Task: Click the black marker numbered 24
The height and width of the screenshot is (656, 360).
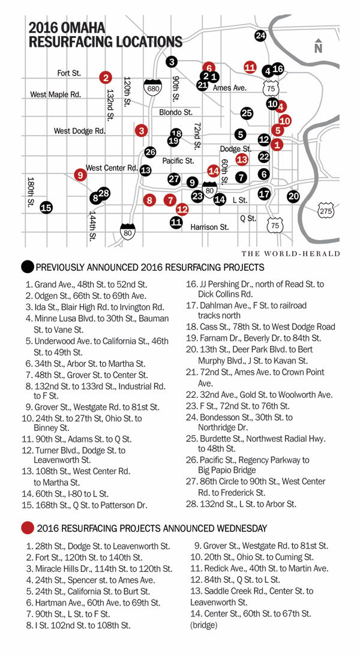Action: (x=260, y=36)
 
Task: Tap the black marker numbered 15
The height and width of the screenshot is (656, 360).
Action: (x=46, y=208)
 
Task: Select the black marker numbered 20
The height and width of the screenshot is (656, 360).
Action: (x=293, y=196)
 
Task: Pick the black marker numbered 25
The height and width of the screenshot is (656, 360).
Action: (x=247, y=113)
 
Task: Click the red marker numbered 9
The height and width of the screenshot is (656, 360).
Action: (x=80, y=175)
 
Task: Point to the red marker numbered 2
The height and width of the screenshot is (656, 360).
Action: (x=106, y=77)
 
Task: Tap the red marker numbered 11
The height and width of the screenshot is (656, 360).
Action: (x=251, y=67)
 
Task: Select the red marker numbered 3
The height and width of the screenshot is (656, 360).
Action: (x=142, y=130)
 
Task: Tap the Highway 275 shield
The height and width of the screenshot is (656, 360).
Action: (x=326, y=211)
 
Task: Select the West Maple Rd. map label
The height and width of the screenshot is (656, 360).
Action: (x=55, y=94)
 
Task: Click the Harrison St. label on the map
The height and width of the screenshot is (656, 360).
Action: (x=210, y=227)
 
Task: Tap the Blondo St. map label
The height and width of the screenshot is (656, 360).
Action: (x=176, y=112)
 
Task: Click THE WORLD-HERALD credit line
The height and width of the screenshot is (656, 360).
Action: (x=291, y=254)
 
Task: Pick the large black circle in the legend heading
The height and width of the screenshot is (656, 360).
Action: (x=27, y=267)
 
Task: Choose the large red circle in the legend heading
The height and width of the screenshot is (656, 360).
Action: (x=27, y=528)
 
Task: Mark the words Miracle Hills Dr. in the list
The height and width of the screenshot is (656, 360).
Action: (x=67, y=569)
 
